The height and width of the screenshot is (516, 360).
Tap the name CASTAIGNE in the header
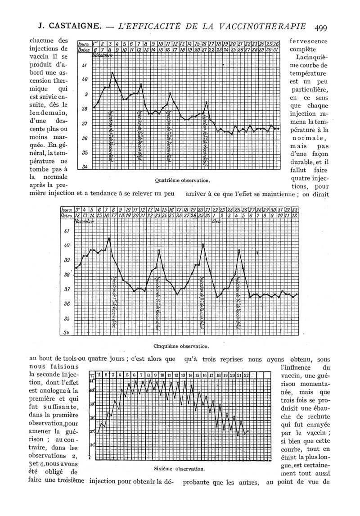coord(69,27)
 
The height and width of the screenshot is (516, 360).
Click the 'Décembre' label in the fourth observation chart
coord(103,55)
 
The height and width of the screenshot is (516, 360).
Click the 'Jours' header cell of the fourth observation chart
coord(83,44)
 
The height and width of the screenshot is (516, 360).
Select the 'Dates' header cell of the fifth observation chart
coord(67,216)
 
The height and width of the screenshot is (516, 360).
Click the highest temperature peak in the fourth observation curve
coord(112,72)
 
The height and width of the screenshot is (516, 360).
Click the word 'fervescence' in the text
coord(309,41)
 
